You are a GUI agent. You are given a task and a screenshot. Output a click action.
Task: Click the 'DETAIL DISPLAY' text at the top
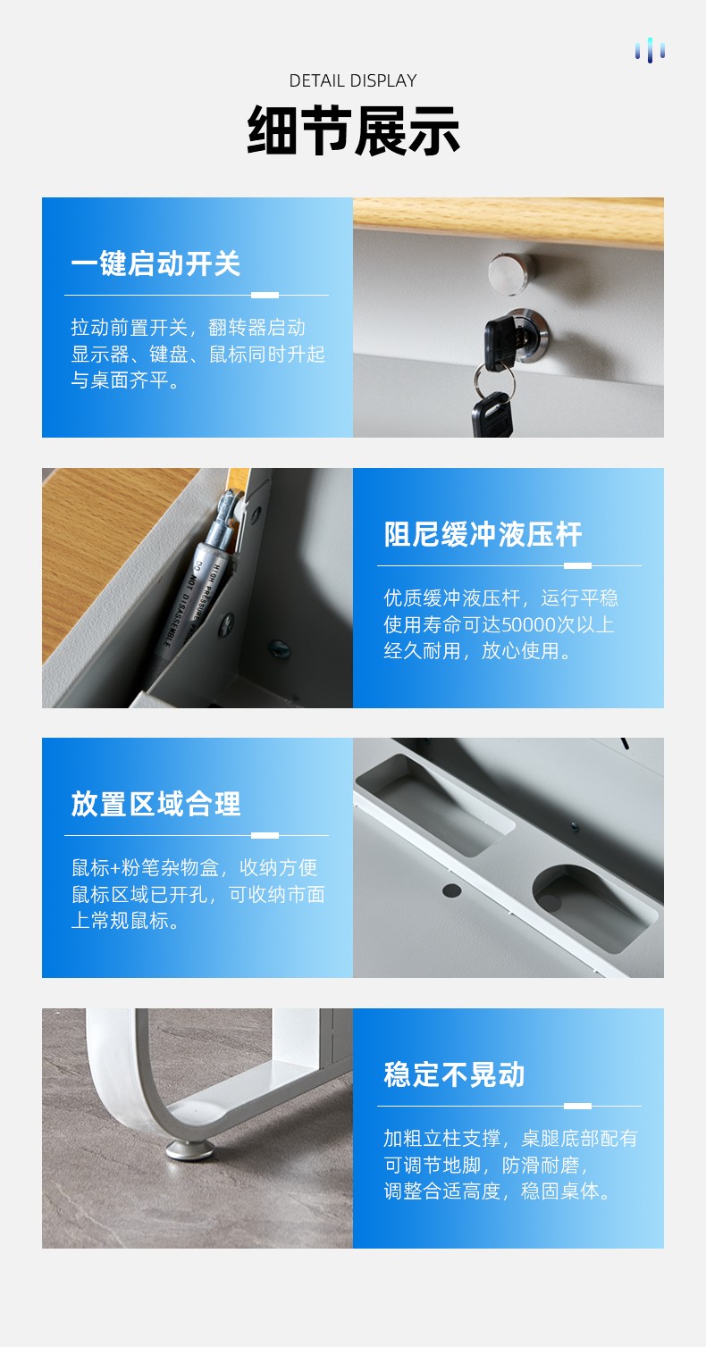click(x=353, y=80)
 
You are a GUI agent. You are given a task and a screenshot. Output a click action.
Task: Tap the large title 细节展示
click(x=353, y=130)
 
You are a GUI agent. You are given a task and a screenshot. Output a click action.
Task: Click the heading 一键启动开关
click(x=155, y=263)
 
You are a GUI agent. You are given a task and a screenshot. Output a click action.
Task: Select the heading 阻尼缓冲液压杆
click(x=483, y=534)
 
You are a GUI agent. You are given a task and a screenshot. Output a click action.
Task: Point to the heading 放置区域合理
click(x=155, y=804)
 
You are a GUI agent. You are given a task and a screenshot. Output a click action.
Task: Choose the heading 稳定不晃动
click(x=454, y=1074)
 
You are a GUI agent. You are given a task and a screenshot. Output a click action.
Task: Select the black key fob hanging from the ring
click(x=492, y=414)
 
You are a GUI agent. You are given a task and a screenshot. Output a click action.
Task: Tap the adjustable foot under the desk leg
click(x=189, y=1149)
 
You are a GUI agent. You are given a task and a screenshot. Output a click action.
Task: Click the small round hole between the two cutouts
click(x=451, y=890)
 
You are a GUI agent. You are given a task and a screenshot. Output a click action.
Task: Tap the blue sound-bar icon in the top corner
click(x=650, y=51)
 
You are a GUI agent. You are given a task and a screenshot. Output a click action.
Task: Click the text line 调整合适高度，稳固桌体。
click(x=497, y=1191)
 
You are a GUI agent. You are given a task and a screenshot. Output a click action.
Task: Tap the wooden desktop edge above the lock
click(x=508, y=220)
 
